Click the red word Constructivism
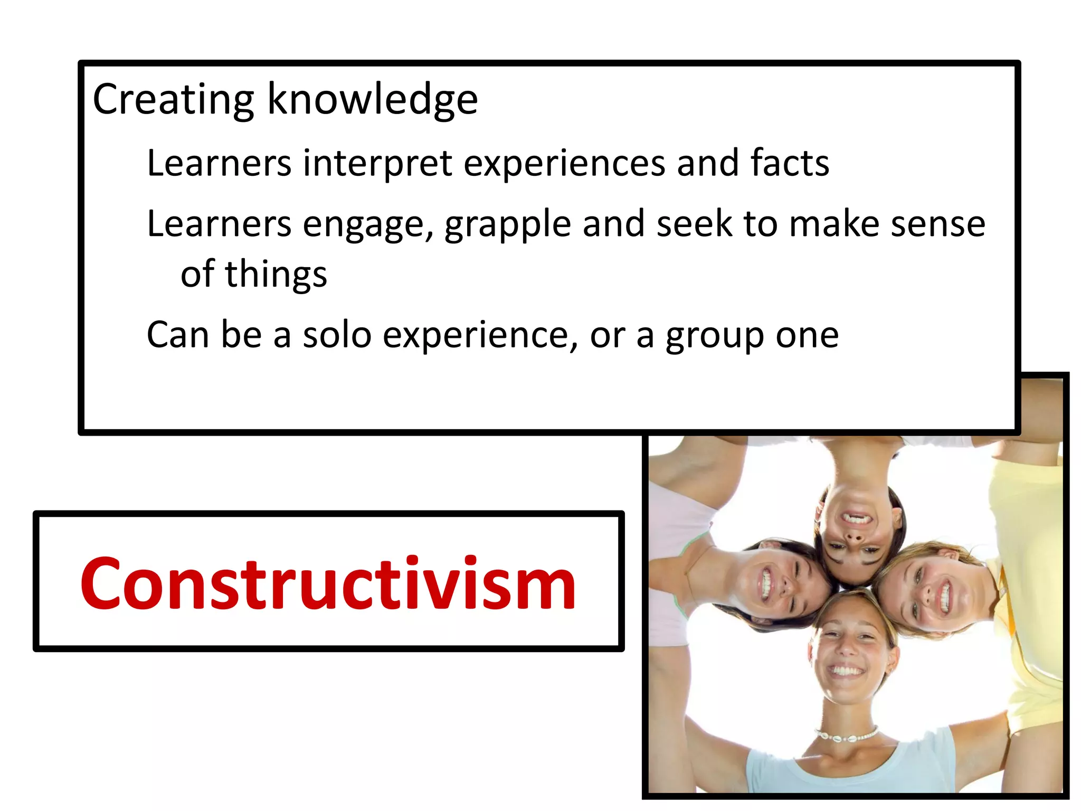pos(328,584)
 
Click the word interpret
pos(377,163)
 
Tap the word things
pos(276,275)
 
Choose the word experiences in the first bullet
pos(564,164)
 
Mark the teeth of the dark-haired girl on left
pos(766,583)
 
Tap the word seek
pos(694,224)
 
